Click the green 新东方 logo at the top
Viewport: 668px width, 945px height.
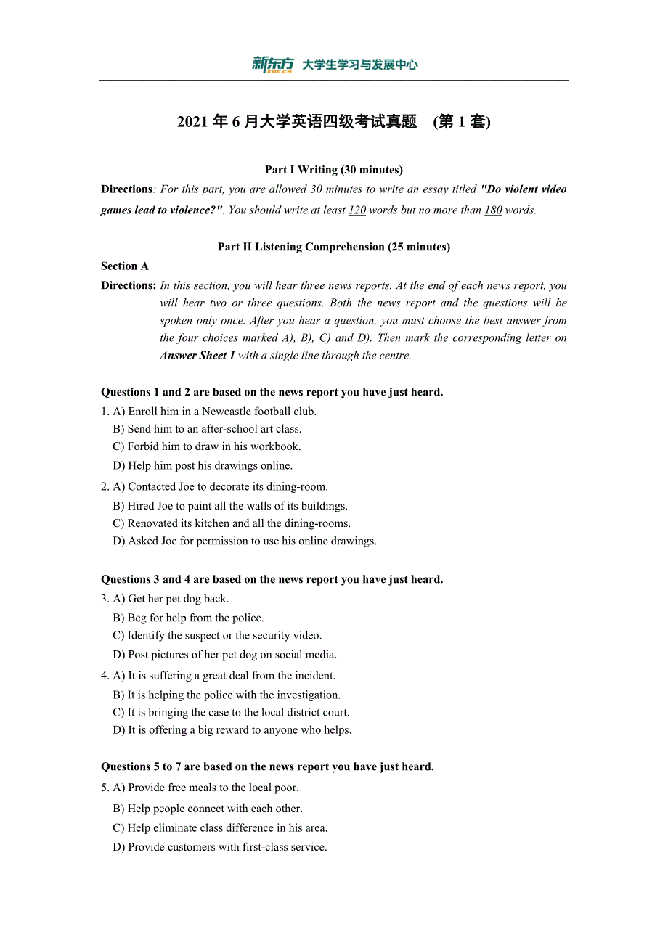(272, 65)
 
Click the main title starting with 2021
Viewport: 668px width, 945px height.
(333, 122)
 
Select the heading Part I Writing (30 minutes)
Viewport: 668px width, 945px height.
(333, 170)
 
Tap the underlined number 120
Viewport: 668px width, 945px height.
(357, 210)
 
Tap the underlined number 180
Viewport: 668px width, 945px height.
(493, 210)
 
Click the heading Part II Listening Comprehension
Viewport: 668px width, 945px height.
(333, 247)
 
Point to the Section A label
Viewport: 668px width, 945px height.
(125, 266)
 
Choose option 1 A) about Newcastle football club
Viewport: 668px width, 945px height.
(214, 412)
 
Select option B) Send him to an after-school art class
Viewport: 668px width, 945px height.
(207, 429)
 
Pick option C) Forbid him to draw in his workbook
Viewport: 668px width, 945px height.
(206, 446)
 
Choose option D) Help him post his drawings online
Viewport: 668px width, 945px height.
(203, 465)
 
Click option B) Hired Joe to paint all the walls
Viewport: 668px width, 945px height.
(230, 506)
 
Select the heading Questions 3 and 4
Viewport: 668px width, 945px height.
(272, 579)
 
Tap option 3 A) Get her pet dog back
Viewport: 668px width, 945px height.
(171, 599)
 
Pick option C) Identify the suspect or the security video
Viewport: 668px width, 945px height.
(217, 635)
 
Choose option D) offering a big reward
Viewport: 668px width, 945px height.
(232, 730)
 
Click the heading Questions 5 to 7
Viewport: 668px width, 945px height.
(267, 766)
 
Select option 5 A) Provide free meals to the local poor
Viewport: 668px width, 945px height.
(205, 787)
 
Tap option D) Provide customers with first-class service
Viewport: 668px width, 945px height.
(220, 847)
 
